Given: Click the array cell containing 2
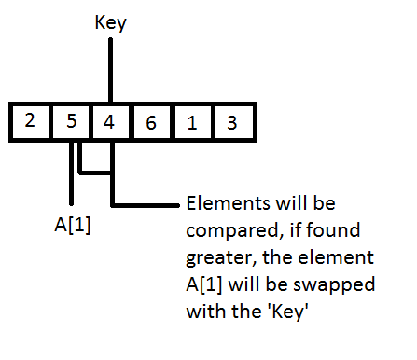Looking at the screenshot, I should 30,120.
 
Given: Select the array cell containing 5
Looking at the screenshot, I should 70,120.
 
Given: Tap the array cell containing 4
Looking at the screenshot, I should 110,120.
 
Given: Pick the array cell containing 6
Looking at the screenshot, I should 151,120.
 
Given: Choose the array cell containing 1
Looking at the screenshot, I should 191,120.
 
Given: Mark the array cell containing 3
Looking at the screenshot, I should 231,120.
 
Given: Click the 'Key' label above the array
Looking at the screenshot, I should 110,23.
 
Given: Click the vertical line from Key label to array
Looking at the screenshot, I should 110,70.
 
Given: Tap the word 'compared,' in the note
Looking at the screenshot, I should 227,228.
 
